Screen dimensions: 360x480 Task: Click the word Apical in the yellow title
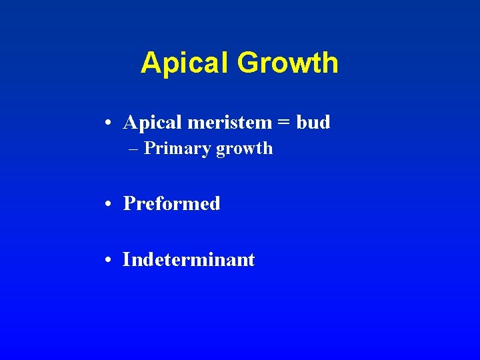(185, 63)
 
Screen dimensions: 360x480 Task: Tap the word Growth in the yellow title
(287, 63)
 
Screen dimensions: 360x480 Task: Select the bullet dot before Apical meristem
(108, 123)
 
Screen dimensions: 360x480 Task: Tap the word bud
(313, 123)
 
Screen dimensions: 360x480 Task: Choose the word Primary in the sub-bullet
(177, 149)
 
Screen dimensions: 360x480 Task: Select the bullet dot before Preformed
(108, 204)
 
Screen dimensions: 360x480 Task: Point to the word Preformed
(172, 203)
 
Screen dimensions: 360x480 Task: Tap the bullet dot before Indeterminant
(108, 260)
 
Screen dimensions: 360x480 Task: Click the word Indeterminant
(189, 259)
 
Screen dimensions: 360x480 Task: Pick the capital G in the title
(247, 63)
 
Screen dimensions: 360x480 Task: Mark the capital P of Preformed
(129, 203)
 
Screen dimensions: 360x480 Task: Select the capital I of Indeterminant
(126, 259)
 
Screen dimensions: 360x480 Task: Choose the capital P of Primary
(149, 148)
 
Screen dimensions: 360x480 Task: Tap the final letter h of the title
(331, 63)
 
